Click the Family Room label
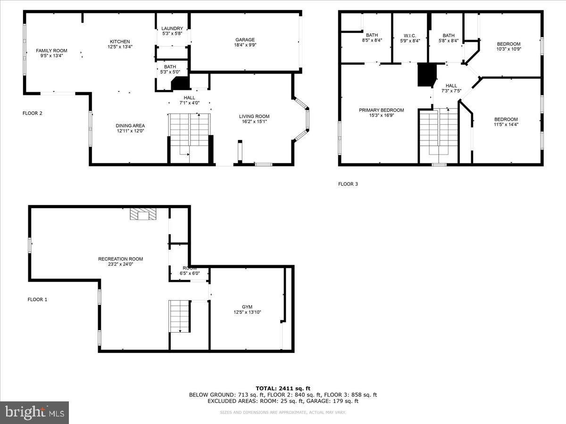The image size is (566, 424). click(52, 51)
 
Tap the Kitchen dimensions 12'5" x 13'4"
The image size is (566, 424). click(120, 47)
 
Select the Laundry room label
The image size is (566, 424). click(172, 29)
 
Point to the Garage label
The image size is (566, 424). click(245, 40)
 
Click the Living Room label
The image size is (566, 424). click(254, 116)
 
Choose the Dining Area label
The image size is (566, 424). click(130, 126)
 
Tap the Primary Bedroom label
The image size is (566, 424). click(381, 110)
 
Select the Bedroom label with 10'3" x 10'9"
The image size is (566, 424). click(508, 44)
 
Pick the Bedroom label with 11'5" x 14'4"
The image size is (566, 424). click(506, 119)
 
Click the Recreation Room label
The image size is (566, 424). click(120, 259)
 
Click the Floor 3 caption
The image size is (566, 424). click(348, 184)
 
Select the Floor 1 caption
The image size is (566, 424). click(37, 299)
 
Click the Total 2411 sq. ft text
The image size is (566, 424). click(283, 388)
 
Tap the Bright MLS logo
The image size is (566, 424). click(34, 412)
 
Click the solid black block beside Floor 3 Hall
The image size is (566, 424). click(426, 74)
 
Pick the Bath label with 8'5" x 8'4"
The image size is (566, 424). click(372, 35)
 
